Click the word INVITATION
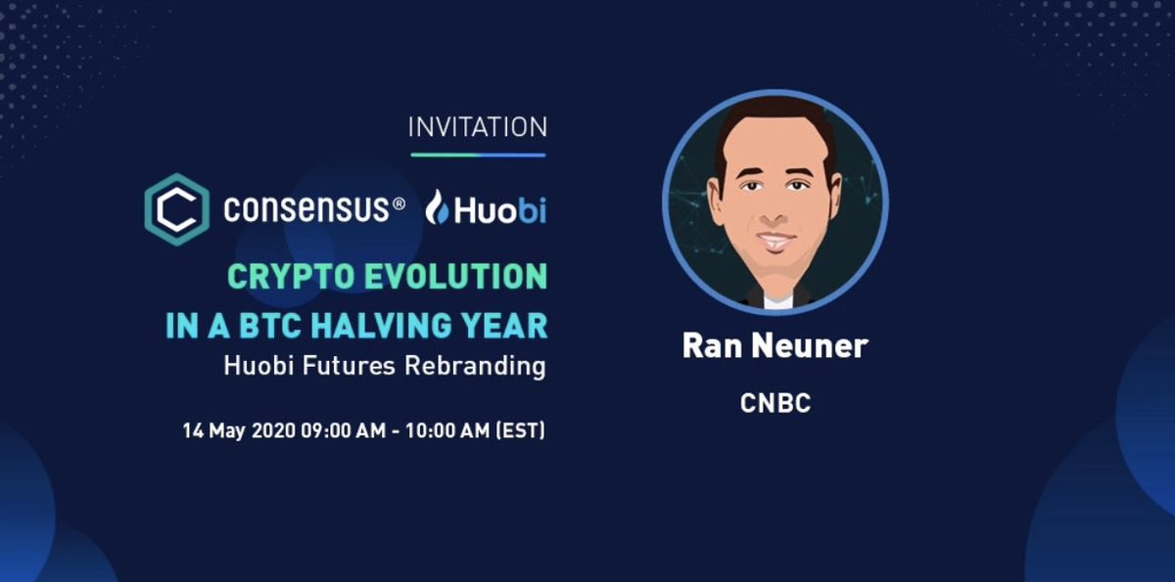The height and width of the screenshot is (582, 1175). (478, 127)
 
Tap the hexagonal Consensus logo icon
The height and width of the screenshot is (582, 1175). (177, 209)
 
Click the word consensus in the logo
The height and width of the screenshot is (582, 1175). (306, 208)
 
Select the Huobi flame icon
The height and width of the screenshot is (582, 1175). (437, 207)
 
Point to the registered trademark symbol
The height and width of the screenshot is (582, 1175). (399, 203)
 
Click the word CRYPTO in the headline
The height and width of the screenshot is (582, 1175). (290, 277)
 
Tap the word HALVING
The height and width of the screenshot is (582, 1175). (381, 326)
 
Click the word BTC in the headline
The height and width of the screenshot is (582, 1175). (270, 326)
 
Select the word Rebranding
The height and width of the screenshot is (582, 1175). (475, 366)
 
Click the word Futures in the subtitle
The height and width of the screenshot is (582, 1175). (349, 365)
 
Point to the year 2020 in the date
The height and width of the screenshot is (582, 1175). (273, 430)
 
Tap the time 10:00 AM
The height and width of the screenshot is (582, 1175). (447, 430)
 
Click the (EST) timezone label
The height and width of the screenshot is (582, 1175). (520, 430)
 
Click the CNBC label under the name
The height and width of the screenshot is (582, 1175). (775, 403)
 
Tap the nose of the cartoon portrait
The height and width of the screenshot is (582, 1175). (774, 211)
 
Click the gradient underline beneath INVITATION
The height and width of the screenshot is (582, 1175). (478, 156)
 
